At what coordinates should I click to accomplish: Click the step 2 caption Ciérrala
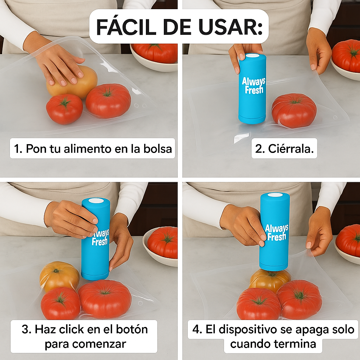pyautogui.click(x=284, y=149)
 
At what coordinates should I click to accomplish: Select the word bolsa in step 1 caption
pyautogui.click(x=157, y=149)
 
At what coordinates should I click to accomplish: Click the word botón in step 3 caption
pyautogui.click(x=132, y=329)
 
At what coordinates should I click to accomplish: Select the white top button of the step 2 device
pyautogui.click(x=252, y=56)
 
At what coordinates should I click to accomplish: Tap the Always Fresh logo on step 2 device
pyautogui.click(x=253, y=85)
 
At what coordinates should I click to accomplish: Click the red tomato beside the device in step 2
pyautogui.click(x=294, y=110)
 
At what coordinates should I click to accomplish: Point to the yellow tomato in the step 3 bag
pyautogui.click(x=59, y=276)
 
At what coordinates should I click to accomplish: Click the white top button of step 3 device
pyautogui.click(x=96, y=201)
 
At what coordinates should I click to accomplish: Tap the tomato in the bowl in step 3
pyautogui.click(x=162, y=242)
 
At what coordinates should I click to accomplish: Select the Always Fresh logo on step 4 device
pyautogui.click(x=276, y=232)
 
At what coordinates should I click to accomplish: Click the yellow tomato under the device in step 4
pyautogui.click(x=270, y=280)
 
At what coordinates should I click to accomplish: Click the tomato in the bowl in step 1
pyautogui.click(x=155, y=53)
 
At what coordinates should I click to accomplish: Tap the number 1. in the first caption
pyautogui.click(x=18, y=149)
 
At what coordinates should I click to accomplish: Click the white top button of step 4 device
pyautogui.click(x=275, y=195)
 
